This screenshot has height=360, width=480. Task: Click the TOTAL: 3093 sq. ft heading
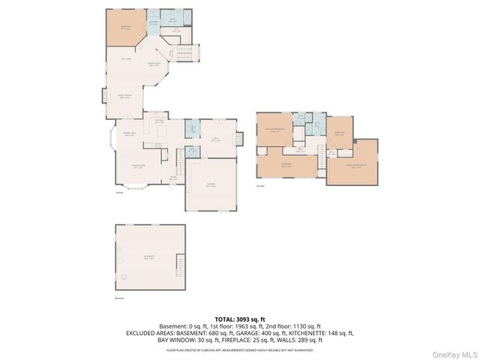pyautogui.click(x=240, y=319)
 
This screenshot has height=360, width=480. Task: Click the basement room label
pyautogui.click(x=149, y=257)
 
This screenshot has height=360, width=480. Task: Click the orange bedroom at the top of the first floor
pyautogui.click(x=124, y=28)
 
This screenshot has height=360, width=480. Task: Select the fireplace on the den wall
pyautogui.click(x=239, y=139)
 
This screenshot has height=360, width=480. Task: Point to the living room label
pyautogui.click(x=138, y=166)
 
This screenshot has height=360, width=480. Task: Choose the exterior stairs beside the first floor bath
pyautogui.click(x=188, y=53)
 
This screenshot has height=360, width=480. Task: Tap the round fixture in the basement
pyautogui.click(x=118, y=248)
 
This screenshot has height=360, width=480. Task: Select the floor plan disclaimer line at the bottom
pyautogui.click(x=240, y=349)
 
